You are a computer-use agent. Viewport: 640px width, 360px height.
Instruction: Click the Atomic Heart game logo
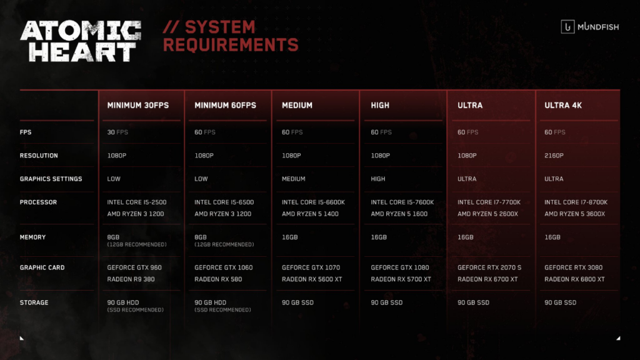81,41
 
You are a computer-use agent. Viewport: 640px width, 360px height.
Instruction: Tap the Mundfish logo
590,27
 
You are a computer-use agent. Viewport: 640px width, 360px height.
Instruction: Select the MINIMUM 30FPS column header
137,105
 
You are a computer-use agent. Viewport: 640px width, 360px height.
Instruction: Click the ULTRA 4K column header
563,105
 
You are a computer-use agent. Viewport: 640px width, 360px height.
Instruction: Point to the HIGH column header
380,105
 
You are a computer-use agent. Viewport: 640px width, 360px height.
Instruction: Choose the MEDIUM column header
297,105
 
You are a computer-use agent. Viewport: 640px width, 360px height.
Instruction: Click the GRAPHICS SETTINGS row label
51,179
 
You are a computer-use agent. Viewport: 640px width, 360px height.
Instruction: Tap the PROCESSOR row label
38,202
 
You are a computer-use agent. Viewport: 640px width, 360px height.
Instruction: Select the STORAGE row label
34,302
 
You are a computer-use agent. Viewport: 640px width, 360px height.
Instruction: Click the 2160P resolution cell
554,156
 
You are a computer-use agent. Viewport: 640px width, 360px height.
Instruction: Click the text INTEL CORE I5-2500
137,202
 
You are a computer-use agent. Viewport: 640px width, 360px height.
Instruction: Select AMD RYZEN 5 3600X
575,214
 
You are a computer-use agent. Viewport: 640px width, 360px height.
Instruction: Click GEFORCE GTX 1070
311,267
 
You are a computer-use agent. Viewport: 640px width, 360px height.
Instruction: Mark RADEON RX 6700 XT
487,279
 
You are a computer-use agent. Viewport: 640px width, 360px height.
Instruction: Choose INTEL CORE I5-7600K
402,202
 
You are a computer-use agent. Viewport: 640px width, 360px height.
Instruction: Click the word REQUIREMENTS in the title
231,45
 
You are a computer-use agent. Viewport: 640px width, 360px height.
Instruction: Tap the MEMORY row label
32,237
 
